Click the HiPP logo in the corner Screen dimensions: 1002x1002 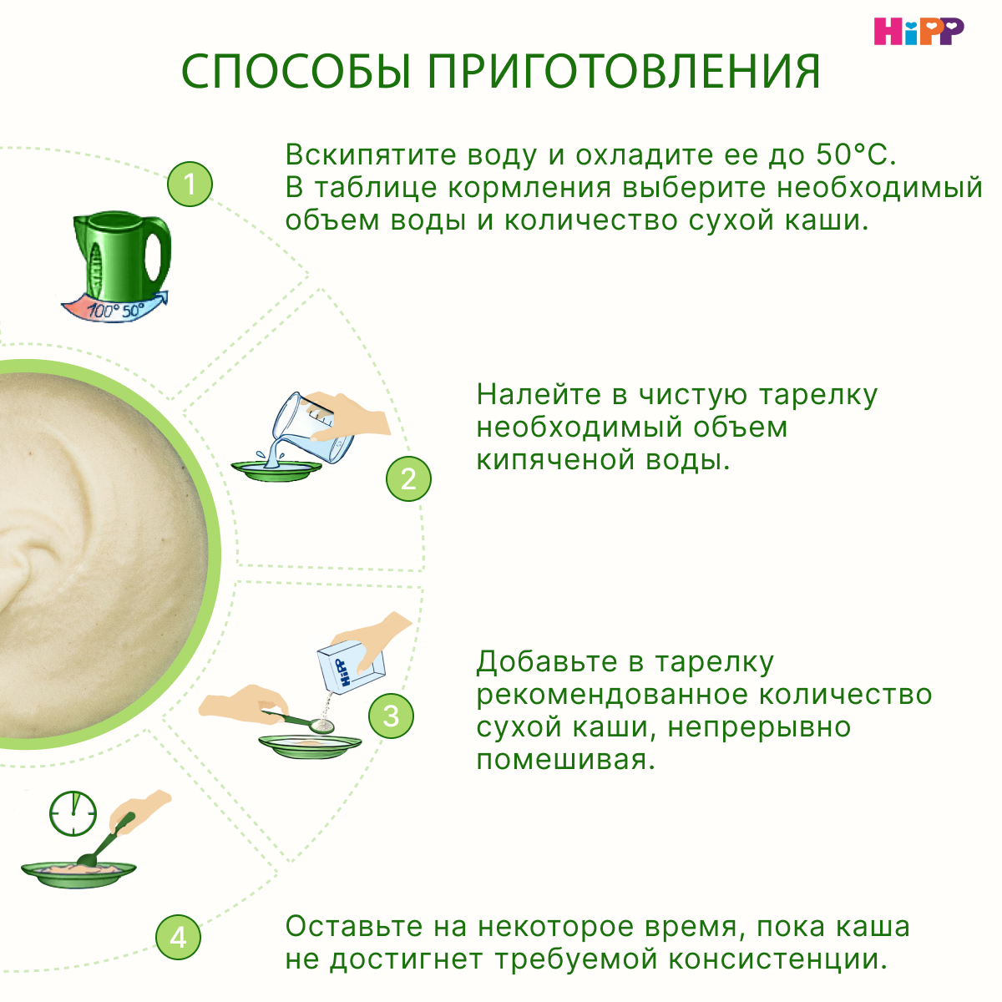pos(918,31)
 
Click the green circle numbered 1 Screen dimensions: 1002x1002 pos(190,185)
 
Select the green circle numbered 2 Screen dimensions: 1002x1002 pos(408,478)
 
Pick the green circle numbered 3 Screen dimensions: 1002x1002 pos(391,716)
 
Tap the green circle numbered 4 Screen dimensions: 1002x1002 pos(178,937)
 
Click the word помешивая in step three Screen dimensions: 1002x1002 pos(564,760)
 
